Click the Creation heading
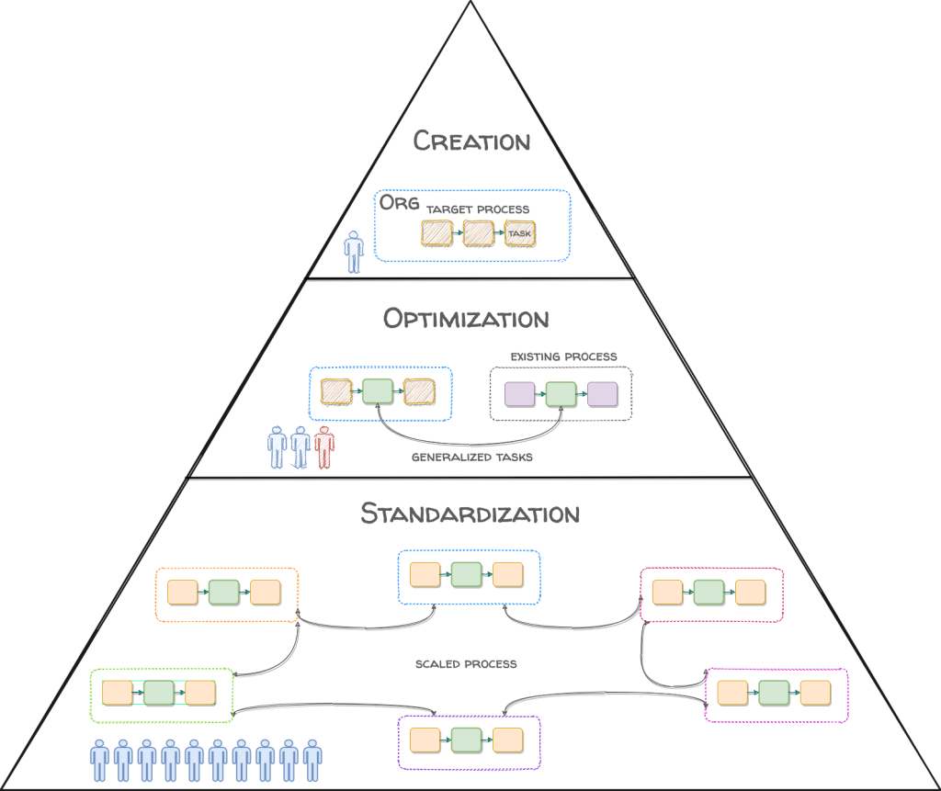coord(471,141)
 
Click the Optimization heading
coord(466,319)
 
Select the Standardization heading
coord(470,513)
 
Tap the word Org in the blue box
coord(400,205)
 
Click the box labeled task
coord(519,234)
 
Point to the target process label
coord(478,209)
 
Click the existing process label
coord(563,356)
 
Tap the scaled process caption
coord(466,663)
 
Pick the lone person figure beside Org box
coord(354,252)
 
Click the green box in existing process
coord(561,394)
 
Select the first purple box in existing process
coord(520,394)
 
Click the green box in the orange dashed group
coord(223,593)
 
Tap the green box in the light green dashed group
coord(159,693)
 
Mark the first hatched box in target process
coord(437,233)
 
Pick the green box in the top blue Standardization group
coord(466,575)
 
